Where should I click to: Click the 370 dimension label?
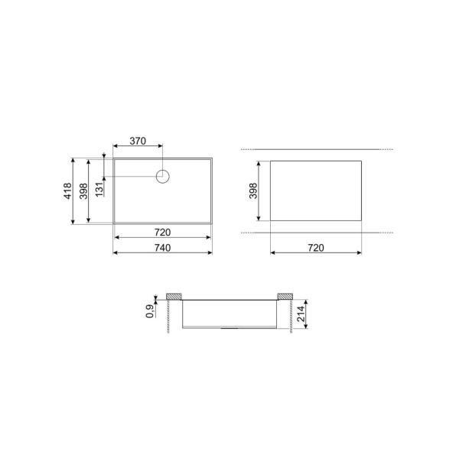pos(138,141)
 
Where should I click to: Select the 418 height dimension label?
pos(67,191)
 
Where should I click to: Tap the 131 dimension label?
pos(99,189)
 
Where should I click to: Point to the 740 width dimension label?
pos(162,248)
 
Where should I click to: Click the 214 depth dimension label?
pos(301,314)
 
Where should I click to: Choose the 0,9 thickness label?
pos(150,311)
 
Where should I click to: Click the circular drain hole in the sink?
pos(163,177)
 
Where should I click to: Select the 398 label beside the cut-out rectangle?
pos(253,190)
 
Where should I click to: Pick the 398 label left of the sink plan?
pos(83,191)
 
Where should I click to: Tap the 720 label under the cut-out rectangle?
pos(316,248)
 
